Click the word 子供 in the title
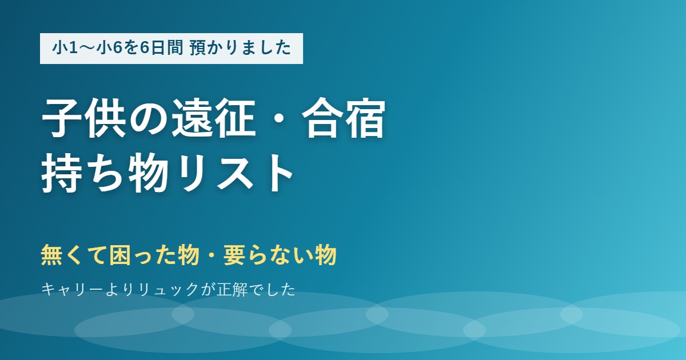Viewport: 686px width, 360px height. click(x=83, y=118)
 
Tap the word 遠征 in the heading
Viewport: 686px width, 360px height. click(x=213, y=118)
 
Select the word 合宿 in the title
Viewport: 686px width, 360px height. click(x=344, y=118)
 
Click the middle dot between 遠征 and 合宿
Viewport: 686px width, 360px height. click(x=279, y=118)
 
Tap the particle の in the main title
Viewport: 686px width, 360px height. click(x=149, y=118)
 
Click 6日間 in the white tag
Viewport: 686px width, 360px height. click(x=162, y=48)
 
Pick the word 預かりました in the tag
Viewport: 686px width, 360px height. click(x=240, y=48)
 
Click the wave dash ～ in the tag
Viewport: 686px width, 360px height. click(x=87, y=49)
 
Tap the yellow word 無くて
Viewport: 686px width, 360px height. click(x=75, y=255)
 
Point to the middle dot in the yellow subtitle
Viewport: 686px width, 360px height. click(x=212, y=255)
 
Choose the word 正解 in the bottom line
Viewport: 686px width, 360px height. click(x=232, y=290)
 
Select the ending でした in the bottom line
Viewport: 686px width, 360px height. click(x=272, y=290)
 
